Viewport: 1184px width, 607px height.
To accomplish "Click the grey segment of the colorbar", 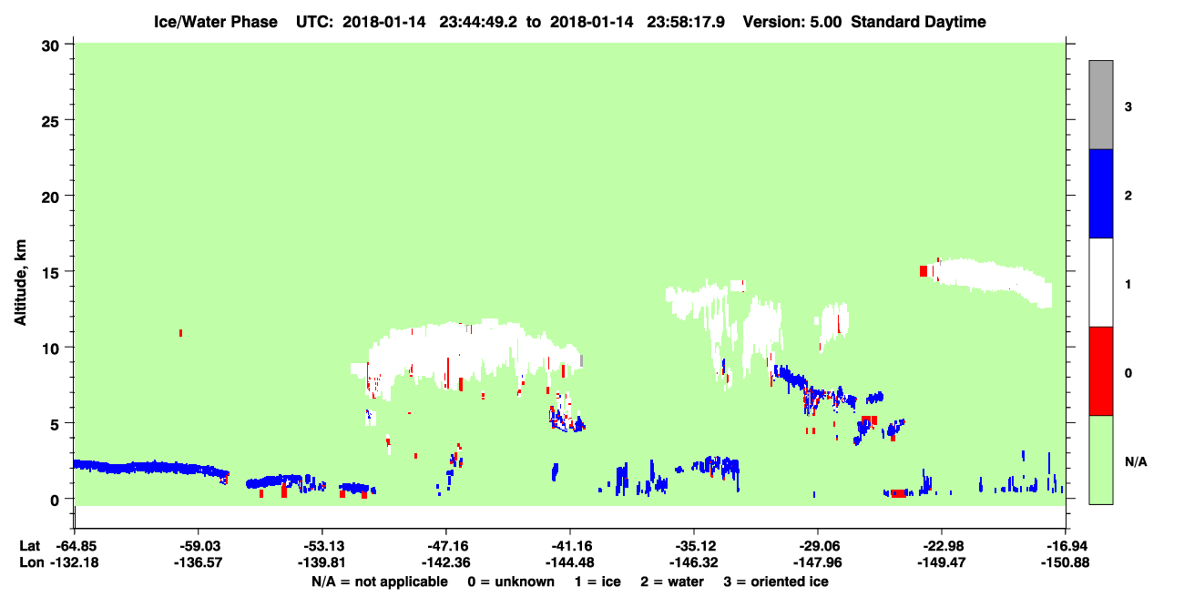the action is click(x=1100, y=105).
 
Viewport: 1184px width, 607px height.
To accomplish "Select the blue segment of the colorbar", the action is click(x=1100, y=193).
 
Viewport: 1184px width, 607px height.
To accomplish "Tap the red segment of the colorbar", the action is click(x=1100, y=371).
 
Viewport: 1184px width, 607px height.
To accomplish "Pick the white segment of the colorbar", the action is click(x=1100, y=282).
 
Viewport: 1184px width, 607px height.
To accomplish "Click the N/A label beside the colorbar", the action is click(x=1136, y=461).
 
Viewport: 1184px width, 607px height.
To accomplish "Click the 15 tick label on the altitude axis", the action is click(x=50, y=273).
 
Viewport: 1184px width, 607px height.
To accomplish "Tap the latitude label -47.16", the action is click(x=446, y=546).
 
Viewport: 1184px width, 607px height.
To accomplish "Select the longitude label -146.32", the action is click(x=693, y=562).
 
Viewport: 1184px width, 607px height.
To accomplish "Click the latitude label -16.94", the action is click(x=1066, y=546).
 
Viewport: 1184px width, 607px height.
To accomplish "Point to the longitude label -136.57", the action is click(x=199, y=562).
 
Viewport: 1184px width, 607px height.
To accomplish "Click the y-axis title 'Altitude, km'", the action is click(x=20, y=283).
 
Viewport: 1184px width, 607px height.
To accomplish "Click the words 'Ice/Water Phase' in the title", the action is click(x=216, y=22).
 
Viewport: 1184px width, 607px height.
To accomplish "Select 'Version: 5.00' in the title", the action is click(x=791, y=22).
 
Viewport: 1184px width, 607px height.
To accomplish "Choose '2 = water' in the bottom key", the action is click(x=672, y=582).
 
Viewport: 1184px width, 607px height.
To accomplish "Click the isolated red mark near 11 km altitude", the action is click(x=180, y=333).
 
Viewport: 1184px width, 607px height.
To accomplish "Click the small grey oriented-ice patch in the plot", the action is click(x=581, y=360).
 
